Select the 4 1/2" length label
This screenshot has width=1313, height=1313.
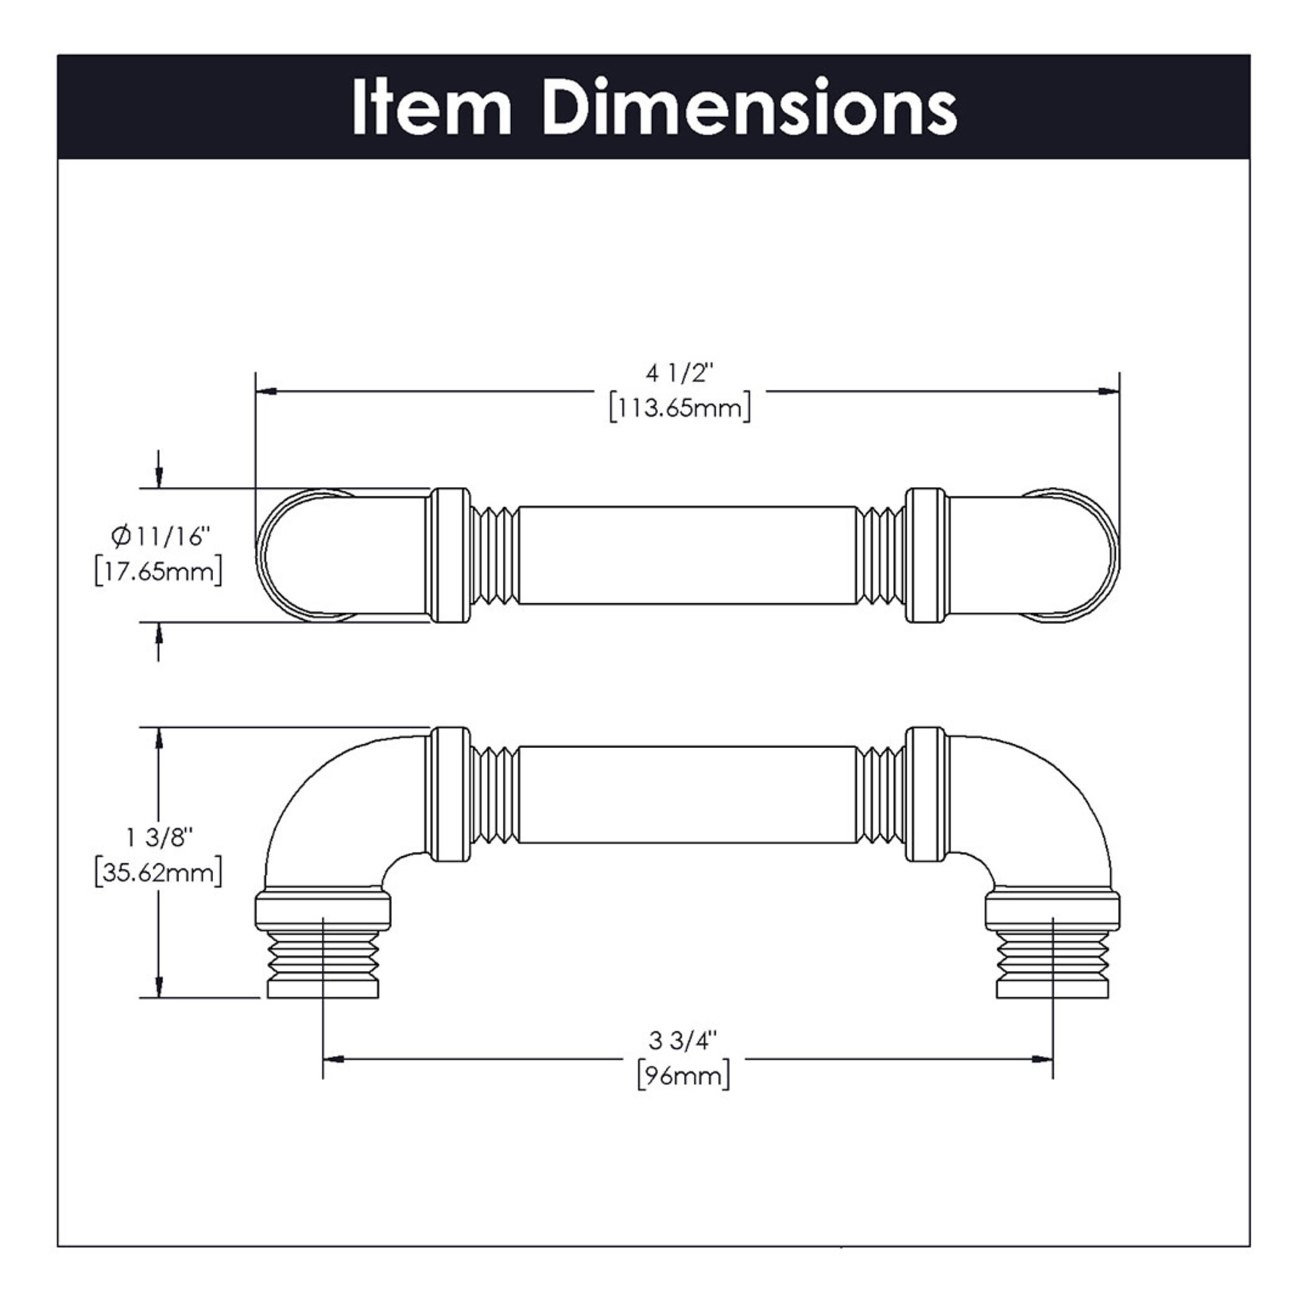680,373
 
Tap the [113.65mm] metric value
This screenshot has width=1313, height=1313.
680,409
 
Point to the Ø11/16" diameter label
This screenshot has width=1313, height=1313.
160,537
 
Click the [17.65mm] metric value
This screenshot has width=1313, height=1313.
158,572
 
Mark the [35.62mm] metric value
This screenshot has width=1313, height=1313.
158,873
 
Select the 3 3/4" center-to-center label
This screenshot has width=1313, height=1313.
683,1040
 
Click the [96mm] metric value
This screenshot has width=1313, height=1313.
684,1076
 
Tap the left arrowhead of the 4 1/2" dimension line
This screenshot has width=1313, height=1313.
267,391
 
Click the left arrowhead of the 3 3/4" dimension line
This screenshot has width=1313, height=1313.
334,1059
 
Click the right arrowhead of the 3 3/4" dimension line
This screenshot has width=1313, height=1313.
1041,1059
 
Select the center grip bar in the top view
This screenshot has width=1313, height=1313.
687,556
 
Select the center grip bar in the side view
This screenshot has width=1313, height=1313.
687,794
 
